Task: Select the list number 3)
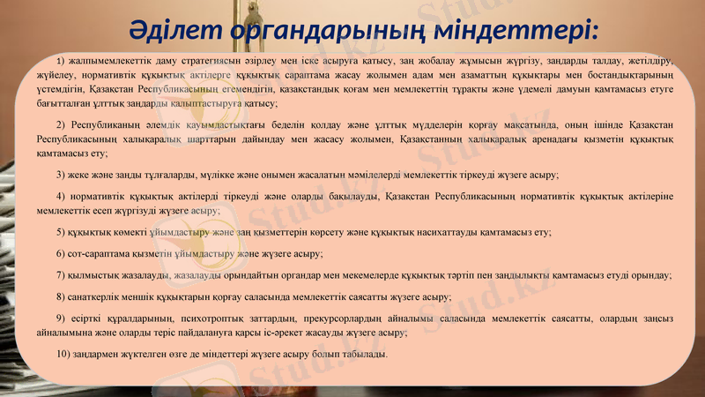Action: pos(60,175)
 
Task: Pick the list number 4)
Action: pos(60,194)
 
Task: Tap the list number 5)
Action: pos(60,232)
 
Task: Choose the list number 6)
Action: pos(60,253)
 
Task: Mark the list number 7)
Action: pos(60,275)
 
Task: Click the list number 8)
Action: pos(60,296)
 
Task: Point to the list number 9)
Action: pos(60,318)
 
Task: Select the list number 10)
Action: pos(63,354)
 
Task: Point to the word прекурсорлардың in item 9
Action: pos(347,318)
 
